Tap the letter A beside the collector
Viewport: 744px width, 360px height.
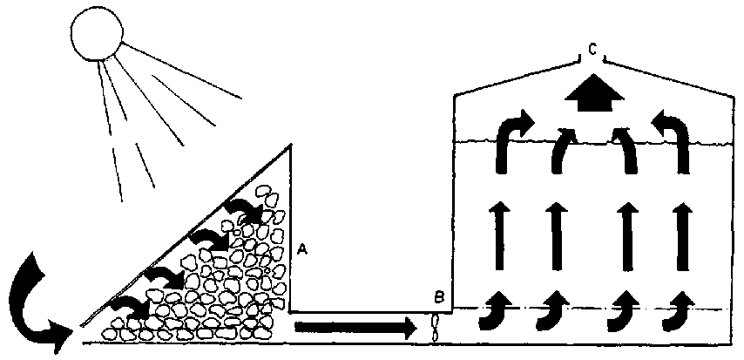click(302, 248)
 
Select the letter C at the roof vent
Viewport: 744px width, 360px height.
click(592, 51)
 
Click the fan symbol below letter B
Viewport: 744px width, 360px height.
click(437, 329)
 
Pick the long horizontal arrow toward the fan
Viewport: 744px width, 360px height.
click(355, 328)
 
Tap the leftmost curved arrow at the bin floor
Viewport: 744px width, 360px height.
click(497, 312)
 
